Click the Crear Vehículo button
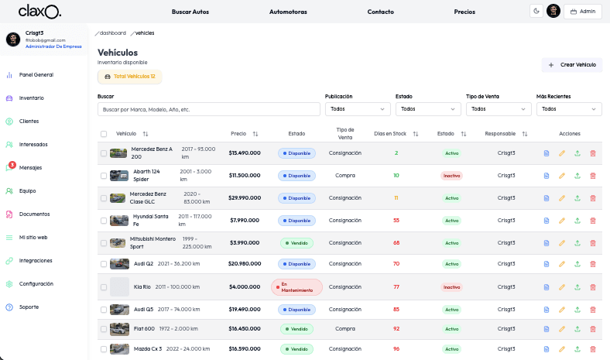pyautogui.click(x=571, y=65)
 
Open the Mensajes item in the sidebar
pyautogui.click(x=31, y=168)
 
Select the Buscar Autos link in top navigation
pyautogui.click(x=190, y=12)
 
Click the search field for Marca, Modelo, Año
pyautogui.click(x=208, y=110)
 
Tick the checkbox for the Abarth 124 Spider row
pyautogui.click(x=104, y=176)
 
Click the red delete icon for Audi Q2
pyautogui.click(x=593, y=264)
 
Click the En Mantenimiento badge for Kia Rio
pyautogui.click(x=296, y=287)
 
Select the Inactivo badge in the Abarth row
pyautogui.click(x=451, y=176)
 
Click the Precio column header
pyautogui.click(x=238, y=134)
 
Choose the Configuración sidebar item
pyautogui.click(x=36, y=284)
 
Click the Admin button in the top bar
pyautogui.click(x=583, y=12)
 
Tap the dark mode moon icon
pyautogui.click(x=536, y=11)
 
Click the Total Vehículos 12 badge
pyautogui.click(x=129, y=77)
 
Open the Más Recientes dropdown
pyautogui.click(x=568, y=110)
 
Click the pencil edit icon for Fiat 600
pyautogui.click(x=562, y=329)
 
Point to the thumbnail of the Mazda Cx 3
pyautogui.click(x=119, y=349)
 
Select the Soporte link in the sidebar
pyautogui.click(x=29, y=307)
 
